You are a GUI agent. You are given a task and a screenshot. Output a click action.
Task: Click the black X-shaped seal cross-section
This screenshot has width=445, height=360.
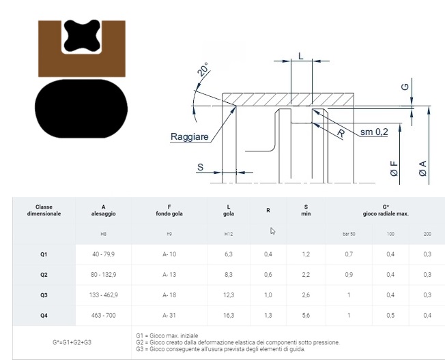82,35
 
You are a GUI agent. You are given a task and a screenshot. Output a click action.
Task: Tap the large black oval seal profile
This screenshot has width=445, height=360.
81,108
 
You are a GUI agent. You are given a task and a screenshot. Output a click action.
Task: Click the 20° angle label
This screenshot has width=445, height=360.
203,70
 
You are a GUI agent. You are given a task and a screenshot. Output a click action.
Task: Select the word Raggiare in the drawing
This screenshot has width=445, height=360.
190,136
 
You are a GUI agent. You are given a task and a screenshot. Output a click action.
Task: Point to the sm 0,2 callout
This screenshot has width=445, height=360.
374,132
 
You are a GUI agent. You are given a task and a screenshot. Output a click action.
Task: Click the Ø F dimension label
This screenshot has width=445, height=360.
394,168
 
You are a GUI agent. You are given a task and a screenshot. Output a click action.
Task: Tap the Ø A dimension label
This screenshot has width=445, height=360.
422,168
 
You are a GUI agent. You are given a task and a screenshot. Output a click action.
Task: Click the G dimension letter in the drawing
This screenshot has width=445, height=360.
405,87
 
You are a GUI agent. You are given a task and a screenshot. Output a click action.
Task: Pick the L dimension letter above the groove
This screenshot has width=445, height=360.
301,56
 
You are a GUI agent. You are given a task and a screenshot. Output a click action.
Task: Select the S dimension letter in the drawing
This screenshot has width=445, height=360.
201,167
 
